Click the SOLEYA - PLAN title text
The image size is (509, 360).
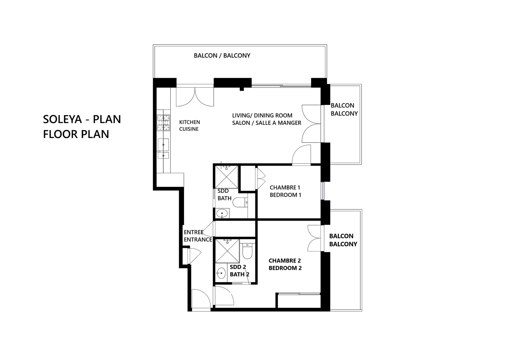[x=82, y=119]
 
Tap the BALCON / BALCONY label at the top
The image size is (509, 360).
[x=222, y=55]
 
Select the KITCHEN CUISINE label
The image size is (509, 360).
[x=189, y=125]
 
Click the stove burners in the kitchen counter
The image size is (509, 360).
[x=163, y=123]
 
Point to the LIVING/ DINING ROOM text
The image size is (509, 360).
[x=262, y=115]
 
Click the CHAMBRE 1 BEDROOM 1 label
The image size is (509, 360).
[x=285, y=191]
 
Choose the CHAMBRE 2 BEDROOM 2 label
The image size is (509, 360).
[x=285, y=264]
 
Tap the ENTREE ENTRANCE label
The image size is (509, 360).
[x=198, y=236]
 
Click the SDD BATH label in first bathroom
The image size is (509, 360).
[x=224, y=194]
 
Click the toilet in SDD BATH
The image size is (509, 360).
[x=240, y=202]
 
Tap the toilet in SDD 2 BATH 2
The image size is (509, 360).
[x=247, y=251]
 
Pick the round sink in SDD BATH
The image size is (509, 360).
[x=222, y=213]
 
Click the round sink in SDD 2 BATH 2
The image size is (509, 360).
[x=221, y=273]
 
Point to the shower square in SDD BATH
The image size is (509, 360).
[x=227, y=177]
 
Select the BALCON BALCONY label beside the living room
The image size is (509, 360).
[x=344, y=109]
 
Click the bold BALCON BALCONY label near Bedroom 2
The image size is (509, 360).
[x=343, y=240]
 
